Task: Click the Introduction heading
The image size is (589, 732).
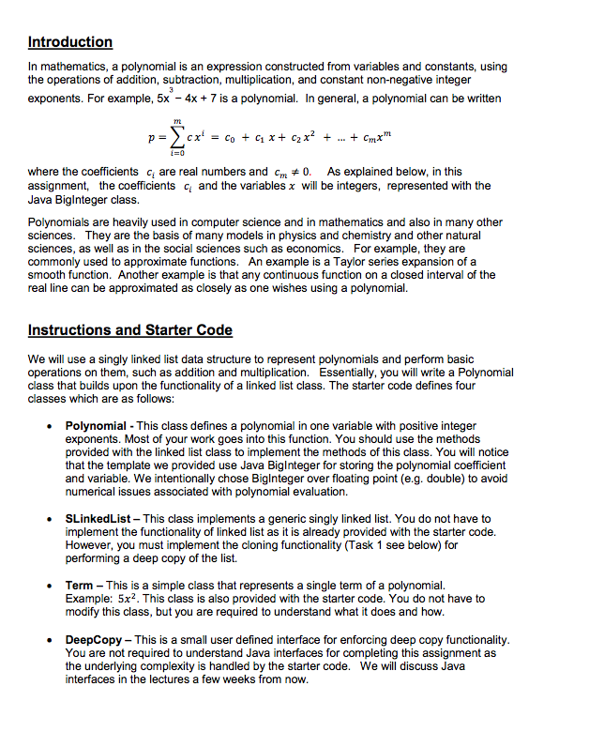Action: [70, 42]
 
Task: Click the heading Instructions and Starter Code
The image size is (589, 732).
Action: [130, 330]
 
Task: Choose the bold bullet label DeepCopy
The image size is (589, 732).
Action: [95, 639]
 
